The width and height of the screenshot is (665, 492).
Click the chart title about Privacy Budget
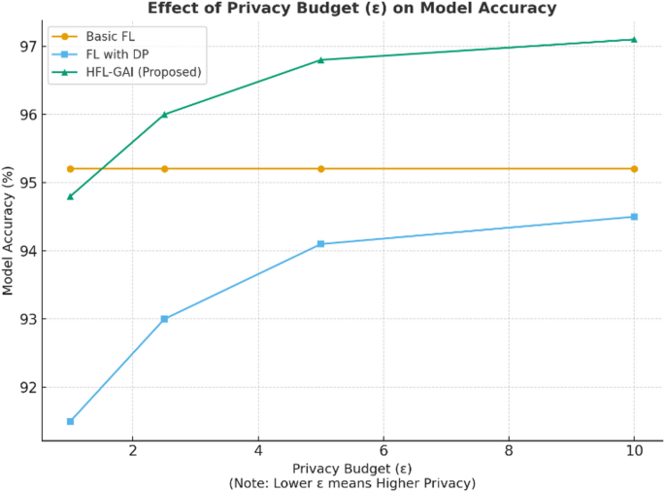point(351,9)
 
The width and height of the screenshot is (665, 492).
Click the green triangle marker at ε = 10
point(634,40)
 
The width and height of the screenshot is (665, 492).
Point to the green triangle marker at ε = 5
point(320,60)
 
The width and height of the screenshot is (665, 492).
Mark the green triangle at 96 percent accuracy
point(164,115)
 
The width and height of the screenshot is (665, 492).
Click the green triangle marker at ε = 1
point(70,196)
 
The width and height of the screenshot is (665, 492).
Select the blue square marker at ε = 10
point(634,217)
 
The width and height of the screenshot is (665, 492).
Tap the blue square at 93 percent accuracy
point(164,319)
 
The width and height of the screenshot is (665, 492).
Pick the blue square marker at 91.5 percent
point(70,421)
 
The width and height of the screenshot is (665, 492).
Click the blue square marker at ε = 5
point(320,244)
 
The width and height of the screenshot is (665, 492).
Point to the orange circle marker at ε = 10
point(634,169)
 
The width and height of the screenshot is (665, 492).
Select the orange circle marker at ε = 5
point(320,169)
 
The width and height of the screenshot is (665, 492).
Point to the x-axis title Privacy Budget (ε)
point(350,468)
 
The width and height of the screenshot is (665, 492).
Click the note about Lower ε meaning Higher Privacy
point(350,483)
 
